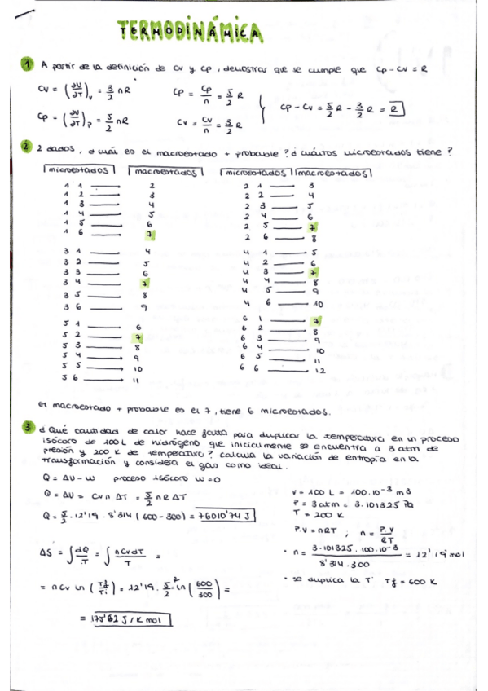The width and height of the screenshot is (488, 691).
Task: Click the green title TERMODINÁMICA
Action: [191, 33]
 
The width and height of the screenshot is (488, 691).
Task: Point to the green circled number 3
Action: [28, 426]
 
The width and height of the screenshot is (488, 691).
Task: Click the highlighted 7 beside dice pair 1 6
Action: [149, 235]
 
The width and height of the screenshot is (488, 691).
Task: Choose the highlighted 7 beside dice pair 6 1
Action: [313, 321]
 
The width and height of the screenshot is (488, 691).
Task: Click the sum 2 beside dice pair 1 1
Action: [152, 186]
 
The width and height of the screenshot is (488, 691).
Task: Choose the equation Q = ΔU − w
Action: [62, 478]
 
